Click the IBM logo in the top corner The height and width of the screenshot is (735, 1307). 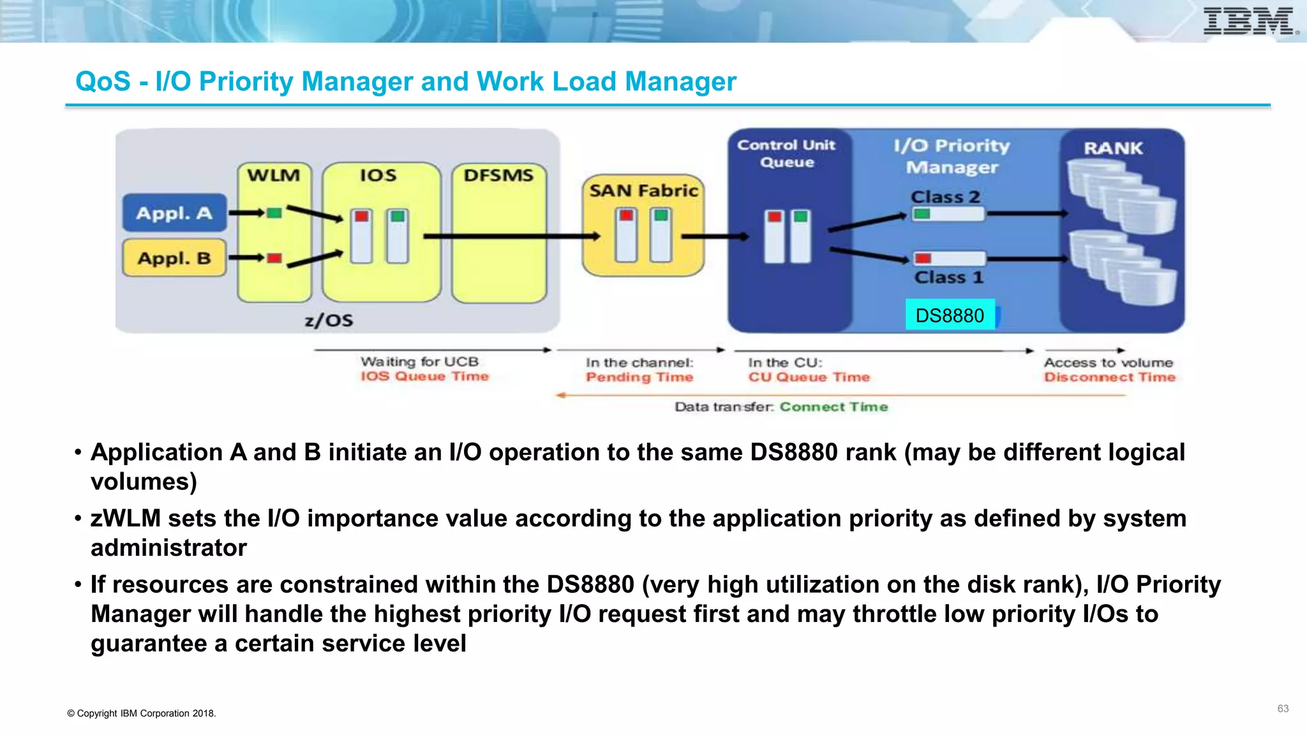[x=1249, y=21]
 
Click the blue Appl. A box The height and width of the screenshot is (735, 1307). [x=174, y=213]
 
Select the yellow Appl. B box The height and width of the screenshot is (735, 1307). [x=174, y=258]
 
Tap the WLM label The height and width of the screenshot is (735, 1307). [x=274, y=175]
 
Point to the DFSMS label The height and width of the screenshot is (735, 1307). [x=498, y=175]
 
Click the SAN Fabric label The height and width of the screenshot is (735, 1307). [x=643, y=191]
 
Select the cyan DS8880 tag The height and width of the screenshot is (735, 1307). [x=950, y=315]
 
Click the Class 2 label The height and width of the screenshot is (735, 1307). [x=945, y=197]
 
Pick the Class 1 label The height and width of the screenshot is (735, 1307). [x=948, y=278]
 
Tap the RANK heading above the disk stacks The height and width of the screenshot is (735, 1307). [x=1113, y=148]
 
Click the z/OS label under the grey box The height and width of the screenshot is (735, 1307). [x=329, y=320]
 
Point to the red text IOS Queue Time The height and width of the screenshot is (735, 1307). [x=424, y=376]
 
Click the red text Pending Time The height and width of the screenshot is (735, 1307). [x=639, y=377]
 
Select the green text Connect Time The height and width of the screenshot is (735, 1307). [x=833, y=407]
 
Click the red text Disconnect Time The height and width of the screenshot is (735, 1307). [x=1109, y=377]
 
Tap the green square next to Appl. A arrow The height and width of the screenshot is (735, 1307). [x=274, y=213]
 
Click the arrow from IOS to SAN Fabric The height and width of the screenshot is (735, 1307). [x=511, y=237]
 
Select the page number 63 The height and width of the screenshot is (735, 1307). [x=1283, y=709]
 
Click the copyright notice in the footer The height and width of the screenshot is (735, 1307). [x=142, y=713]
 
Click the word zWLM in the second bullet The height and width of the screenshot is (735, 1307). [x=126, y=518]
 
